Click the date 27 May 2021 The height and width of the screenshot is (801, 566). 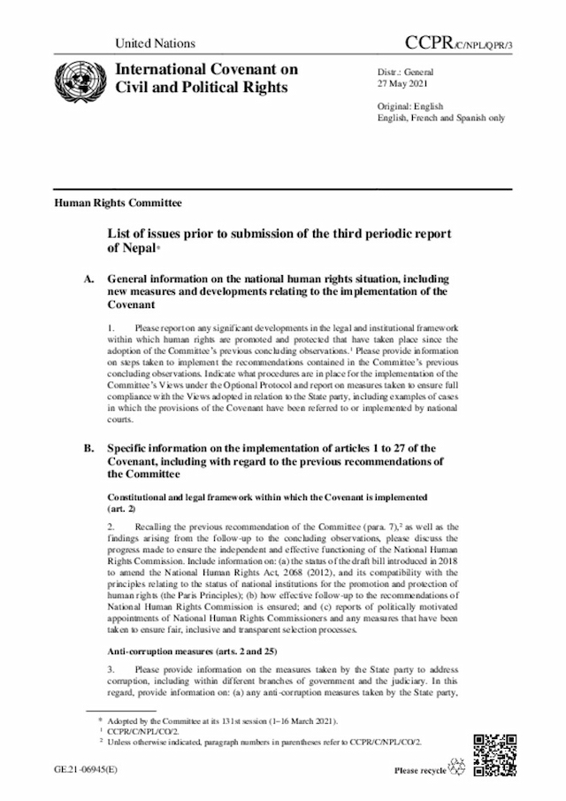point(403,85)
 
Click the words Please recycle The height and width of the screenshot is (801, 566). point(421,771)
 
